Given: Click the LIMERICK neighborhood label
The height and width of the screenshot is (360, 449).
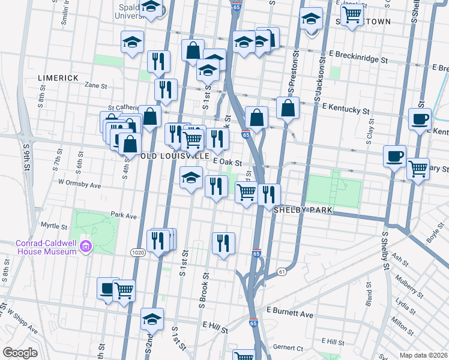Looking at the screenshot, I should tap(58, 78).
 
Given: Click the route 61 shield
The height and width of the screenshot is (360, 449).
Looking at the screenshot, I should tap(281, 272).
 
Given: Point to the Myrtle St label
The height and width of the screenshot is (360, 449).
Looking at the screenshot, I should tap(53, 227).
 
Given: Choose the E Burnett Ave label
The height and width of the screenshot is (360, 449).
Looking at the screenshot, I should tap(293, 314).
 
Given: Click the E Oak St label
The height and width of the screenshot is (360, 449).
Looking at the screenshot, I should tap(228, 163).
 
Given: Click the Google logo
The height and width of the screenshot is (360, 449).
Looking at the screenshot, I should tap(20, 352).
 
